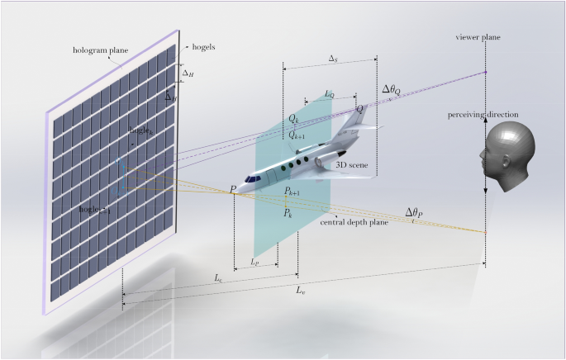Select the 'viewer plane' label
tap(478, 38)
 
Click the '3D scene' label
tap(351, 165)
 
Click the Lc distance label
tap(218, 279)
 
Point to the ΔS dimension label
tap(333, 59)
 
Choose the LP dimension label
tap(255, 262)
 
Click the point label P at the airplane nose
tap(234, 189)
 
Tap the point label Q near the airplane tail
tap(359, 108)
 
